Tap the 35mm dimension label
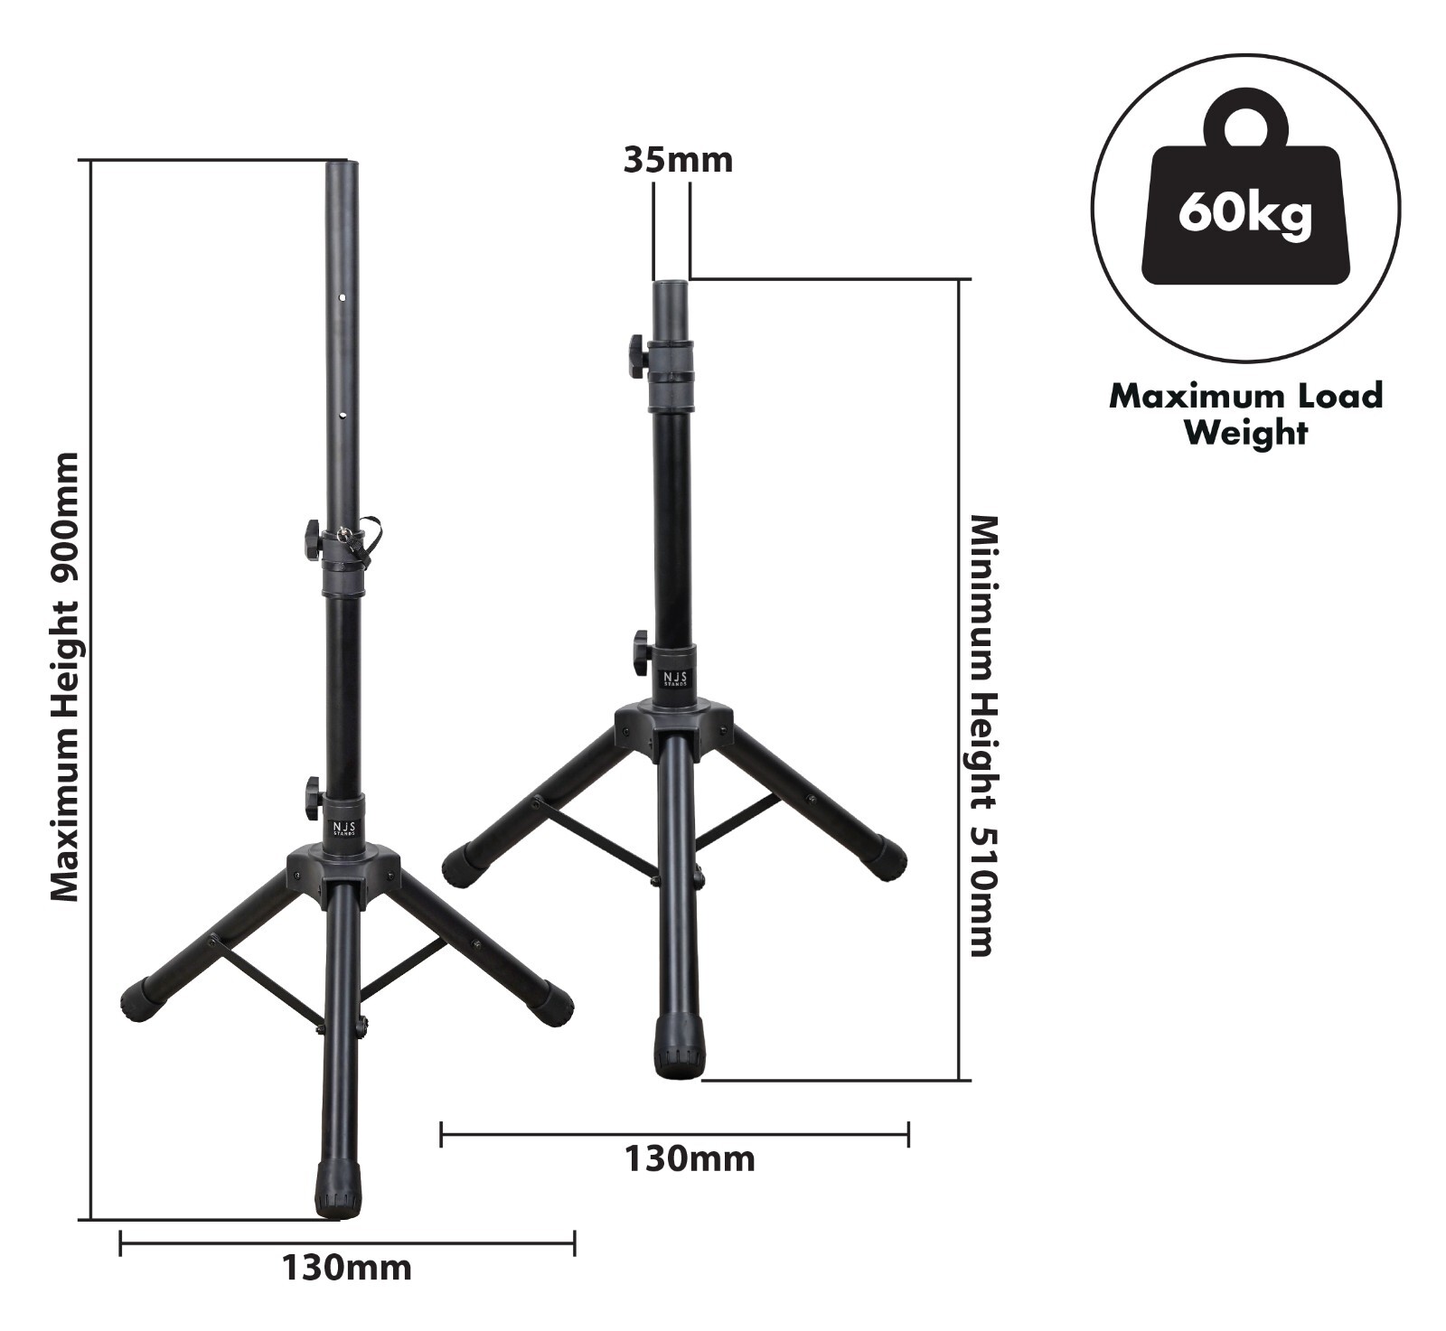pos(678,160)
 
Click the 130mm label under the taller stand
pos(347,1268)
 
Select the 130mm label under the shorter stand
pos(690,1158)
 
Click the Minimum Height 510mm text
pos(982,736)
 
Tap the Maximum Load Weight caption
pos(1246,414)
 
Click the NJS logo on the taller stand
pos(344,829)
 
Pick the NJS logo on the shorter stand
pos(675,679)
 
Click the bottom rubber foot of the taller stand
pos(340,1189)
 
